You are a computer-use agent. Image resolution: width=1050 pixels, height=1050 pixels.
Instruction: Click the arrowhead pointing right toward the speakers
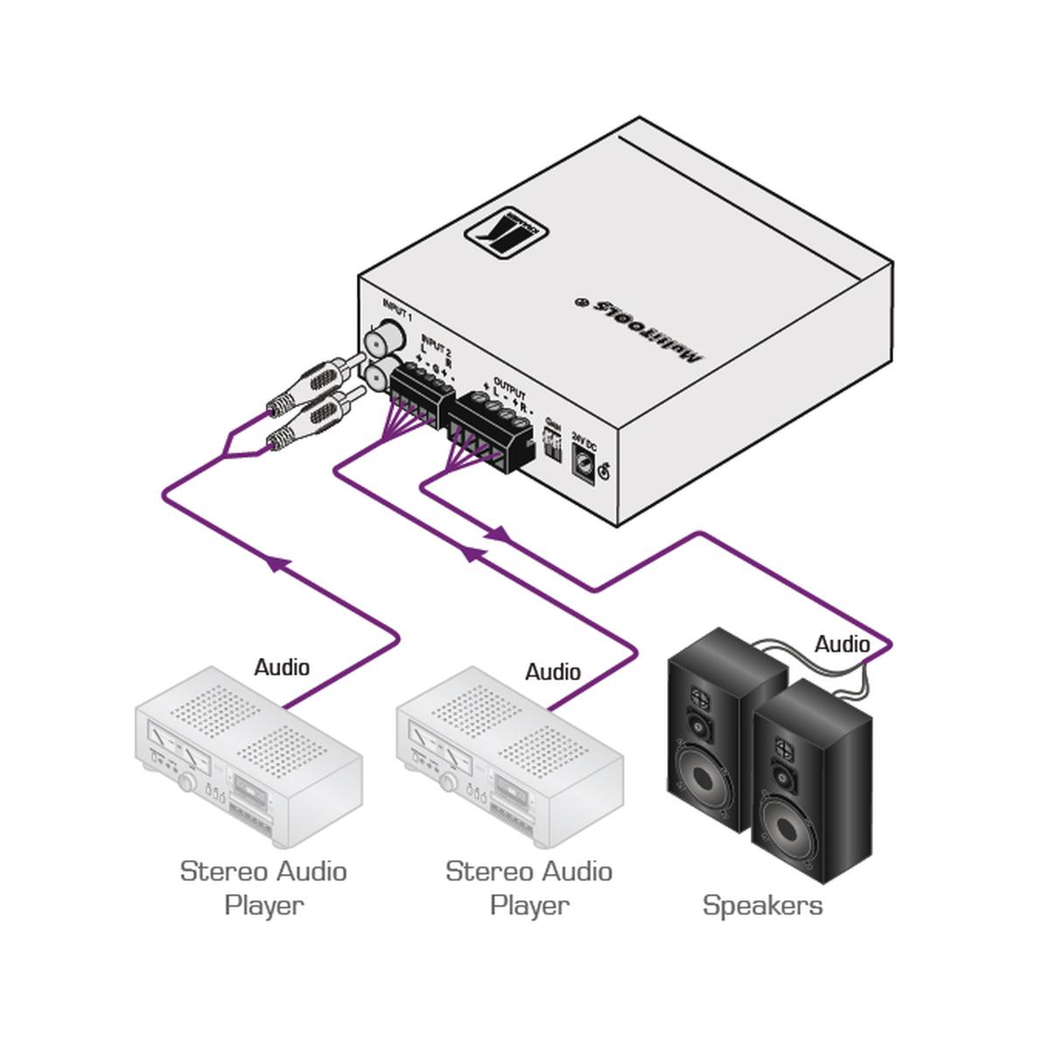(x=500, y=533)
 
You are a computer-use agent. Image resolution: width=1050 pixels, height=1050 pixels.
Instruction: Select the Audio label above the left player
(x=282, y=668)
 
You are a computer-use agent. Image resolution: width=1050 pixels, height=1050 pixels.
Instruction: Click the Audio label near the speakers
(x=842, y=645)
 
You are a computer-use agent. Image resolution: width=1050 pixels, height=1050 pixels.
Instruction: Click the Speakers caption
(x=762, y=905)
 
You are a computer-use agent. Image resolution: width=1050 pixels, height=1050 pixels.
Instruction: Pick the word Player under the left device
(x=263, y=905)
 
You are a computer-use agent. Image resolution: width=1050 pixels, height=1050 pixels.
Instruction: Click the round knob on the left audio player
(x=186, y=783)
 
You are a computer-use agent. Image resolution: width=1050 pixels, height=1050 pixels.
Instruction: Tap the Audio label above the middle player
(x=552, y=672)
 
